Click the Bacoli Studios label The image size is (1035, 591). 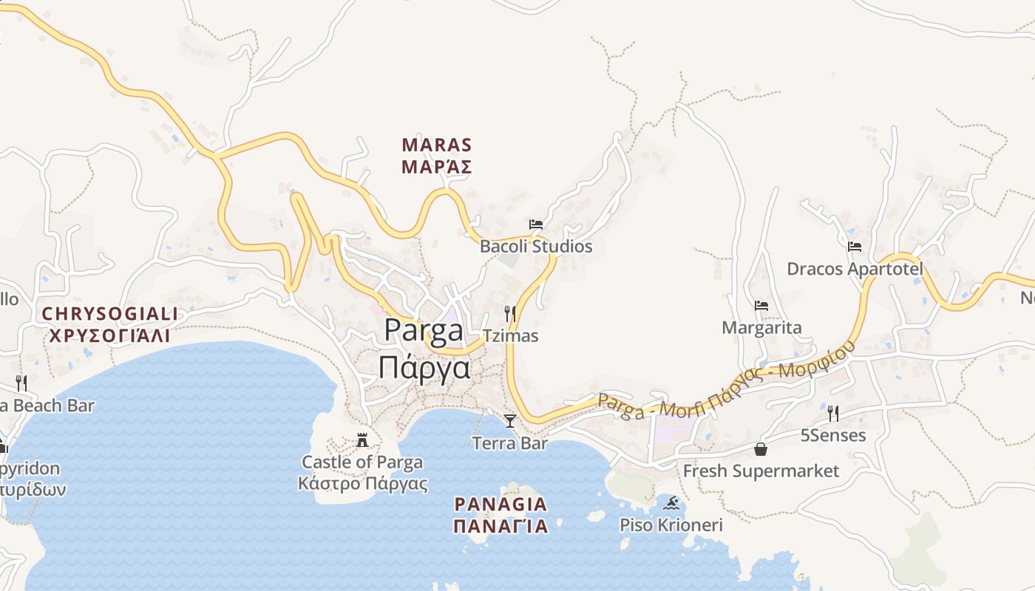pyautogui.click(x=536, y=246)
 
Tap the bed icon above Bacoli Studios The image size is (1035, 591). pyautogui.click(x=536, y=224)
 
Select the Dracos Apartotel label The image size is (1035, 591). pyautogui.click(x=855, y=269)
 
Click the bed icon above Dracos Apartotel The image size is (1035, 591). pyautogui.click(x=855, y=246)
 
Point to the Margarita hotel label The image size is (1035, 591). pyautogui.click(x=761, y=327)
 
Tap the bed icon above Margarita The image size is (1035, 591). pyautogui.click(x=761, y=305)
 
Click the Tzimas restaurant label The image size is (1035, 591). pyautogui.click(x=510, y=335)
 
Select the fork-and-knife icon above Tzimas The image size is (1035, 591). pyautogui.click(x=510, y=313)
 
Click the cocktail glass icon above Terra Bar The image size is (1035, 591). pyautogui.click(x=510, y=421)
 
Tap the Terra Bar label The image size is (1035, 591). pyautogui.click(x=510, y=443)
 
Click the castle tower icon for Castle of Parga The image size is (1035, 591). pyautogui.click(x=362, y=440)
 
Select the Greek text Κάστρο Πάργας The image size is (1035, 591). pyautogui.click(x=362, y=485)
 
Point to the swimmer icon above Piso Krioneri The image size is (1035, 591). pyautogui.click(x=671, y=503)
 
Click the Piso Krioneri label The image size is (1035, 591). pyautogui.click(x=671, y=525)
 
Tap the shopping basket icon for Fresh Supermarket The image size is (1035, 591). pyautogui.click(x=761, y=449)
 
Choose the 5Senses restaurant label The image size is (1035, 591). pyautogui.click(x=833, y=435)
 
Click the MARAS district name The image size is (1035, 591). pyautogui.click(x=436, y=145)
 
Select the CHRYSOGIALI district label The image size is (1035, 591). pyautogui.click(x=109, y=314)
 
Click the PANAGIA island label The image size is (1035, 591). pyautogui.click(x=500, y=505)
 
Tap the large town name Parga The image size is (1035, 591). pyautogui.click(x=424, y=330)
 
